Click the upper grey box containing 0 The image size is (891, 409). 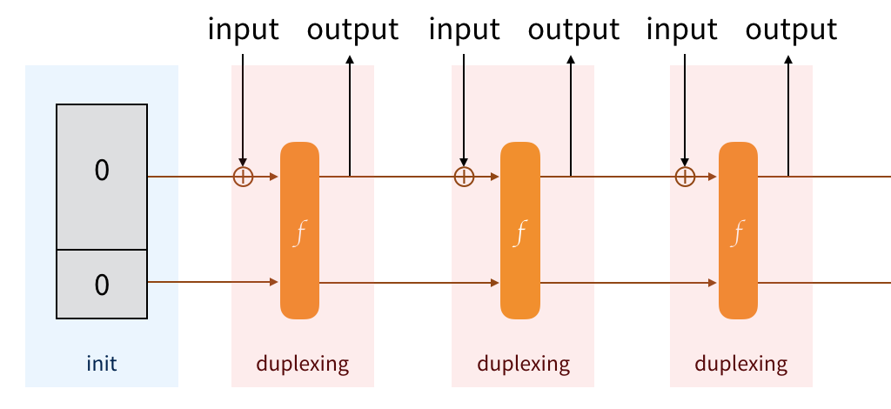click(x=102, y=177)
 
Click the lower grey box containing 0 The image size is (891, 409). click(x=102, y=284)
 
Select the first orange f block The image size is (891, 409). click(x=300, y=230)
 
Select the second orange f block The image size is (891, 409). click(x=520, y=230)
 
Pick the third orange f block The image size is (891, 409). click(x=738, y=230)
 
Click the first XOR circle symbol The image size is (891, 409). click(x=244, y=177)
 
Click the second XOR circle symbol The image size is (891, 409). click(x=465, y=177)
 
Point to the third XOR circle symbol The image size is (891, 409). click(x=686, y=177)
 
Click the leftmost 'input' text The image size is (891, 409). click(x=244, y=30)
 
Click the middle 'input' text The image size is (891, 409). click(x=465, y=30)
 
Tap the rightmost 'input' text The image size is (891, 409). click(x=685, y=30)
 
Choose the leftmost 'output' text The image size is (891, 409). click(x=352, y=30)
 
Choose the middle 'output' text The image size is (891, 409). click(x=573, y=30)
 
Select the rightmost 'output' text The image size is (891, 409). click(x=792, y=30)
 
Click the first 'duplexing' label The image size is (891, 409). click(x=302, y=363)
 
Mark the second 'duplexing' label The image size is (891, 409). click(x=523, y=363)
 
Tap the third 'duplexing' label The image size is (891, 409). click(x=741, y=363)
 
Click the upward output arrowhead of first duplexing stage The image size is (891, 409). click(x=350, y=60)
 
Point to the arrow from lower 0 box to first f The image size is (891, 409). click(x=213, y=283)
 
